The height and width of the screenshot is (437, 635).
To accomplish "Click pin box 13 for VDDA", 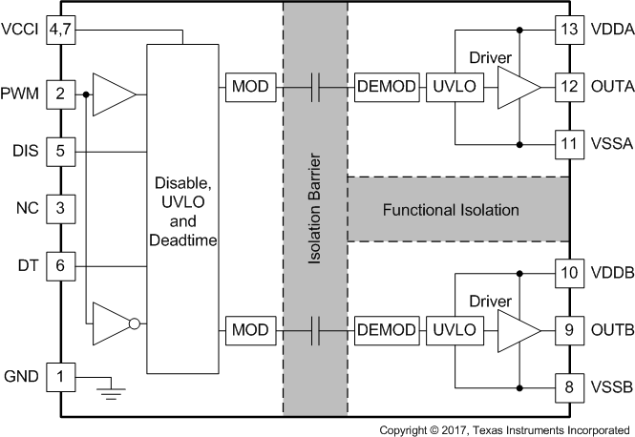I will [x=569, y=30].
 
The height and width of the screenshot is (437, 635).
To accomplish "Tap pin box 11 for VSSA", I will [x=569, y=145].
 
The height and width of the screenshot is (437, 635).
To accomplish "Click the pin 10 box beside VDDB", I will [x=569, y=273].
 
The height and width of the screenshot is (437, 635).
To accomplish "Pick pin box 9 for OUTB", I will [x=569, y=331].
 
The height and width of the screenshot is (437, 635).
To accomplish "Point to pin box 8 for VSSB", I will [x=569, y=388].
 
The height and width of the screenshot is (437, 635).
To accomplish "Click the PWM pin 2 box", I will [x=60, y=94].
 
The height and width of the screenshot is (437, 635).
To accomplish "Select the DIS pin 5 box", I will [x=60, y=151].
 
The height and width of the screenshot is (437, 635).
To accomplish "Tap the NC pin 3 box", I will [x=60, y=207].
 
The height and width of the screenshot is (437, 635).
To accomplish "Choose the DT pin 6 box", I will [x=60, y=266].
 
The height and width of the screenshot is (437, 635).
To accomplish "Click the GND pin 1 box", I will [x=60, y=377].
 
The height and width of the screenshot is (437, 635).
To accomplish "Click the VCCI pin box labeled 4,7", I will [x=60, y=30].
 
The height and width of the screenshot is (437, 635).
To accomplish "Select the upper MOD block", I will [x=251, y=89].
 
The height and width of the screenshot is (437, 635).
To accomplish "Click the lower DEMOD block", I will [x=386, y=331].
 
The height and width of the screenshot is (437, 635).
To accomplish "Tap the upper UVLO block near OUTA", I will [x=454, y=89].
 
